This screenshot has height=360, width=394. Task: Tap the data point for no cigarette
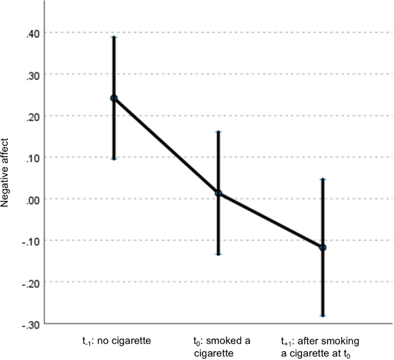(114, 98)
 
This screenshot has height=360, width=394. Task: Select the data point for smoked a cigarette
(218, 193)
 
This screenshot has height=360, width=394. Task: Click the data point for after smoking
(323, 248)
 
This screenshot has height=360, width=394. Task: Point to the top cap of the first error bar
(114, 37)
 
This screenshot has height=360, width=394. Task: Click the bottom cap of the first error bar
(114, 159)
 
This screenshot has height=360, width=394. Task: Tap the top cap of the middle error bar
(218, 132)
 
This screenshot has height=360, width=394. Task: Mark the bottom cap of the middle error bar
(218, 255)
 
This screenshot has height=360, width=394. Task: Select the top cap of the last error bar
(323, 179)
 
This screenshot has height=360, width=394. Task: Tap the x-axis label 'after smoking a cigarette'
(322, 346)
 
